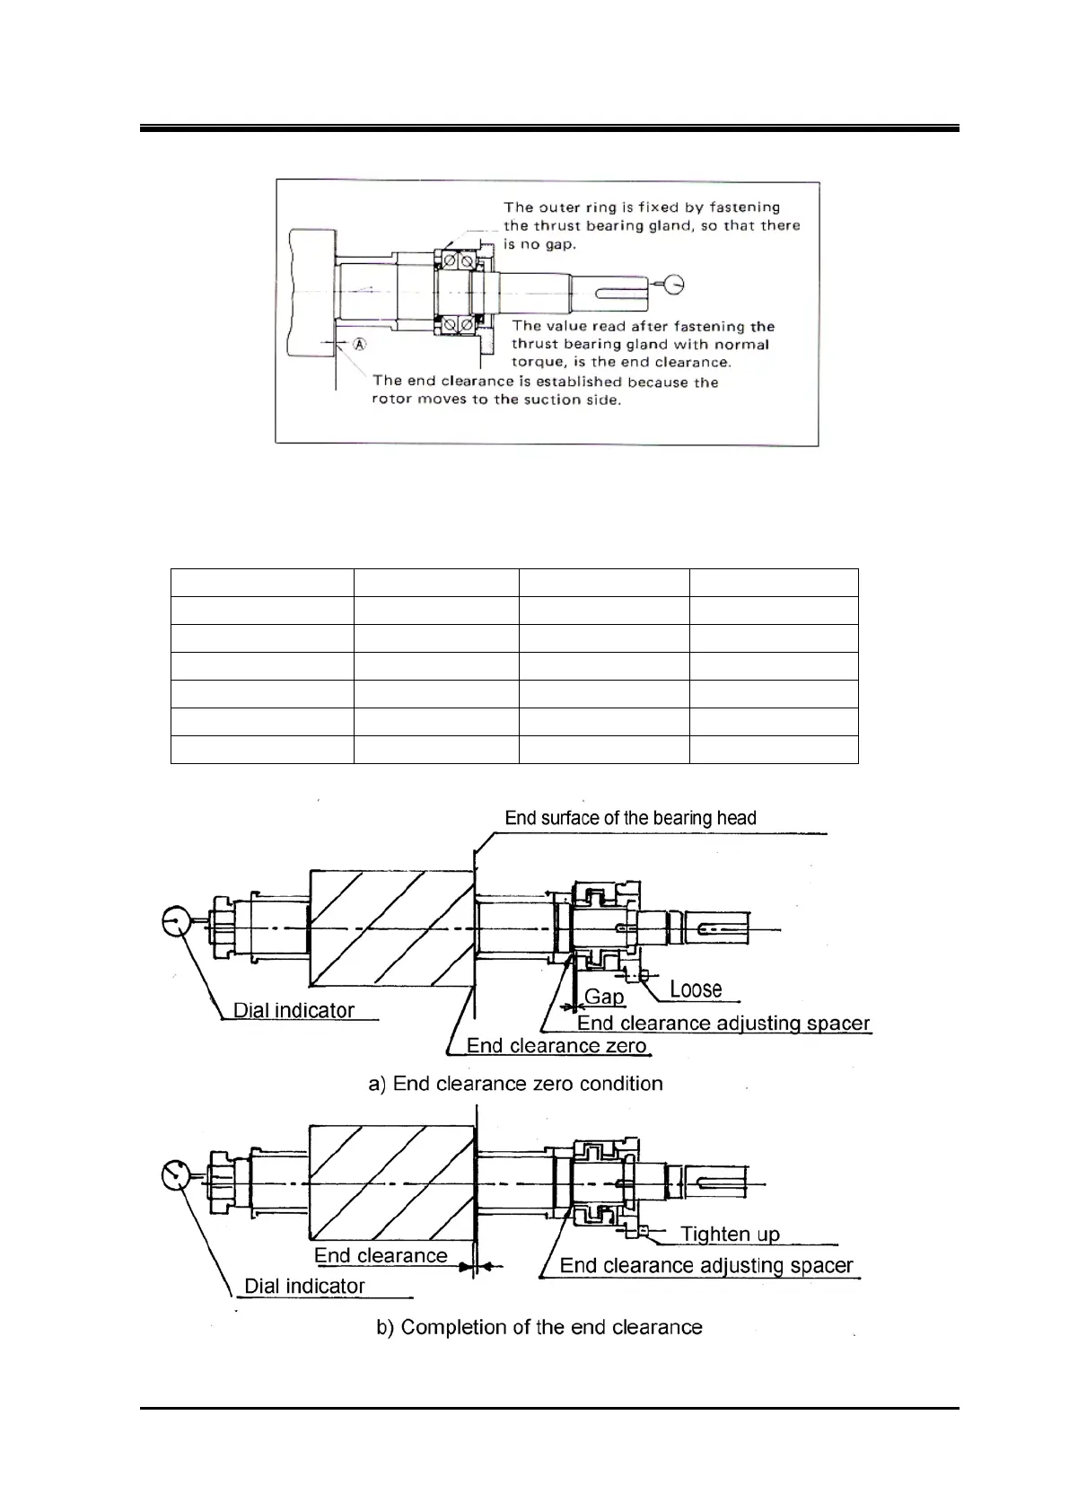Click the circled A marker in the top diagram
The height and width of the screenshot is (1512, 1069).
tap(359, 343)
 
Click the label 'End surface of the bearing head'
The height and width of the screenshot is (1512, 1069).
tap(630, 818)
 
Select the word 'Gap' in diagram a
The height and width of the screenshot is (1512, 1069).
tap(604, 997)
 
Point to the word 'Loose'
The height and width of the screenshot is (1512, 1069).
tap(696, 989)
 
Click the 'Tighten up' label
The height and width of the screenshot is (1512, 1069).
tap(730, 1234)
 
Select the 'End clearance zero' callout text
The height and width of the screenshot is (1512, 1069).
tap(556, 1046)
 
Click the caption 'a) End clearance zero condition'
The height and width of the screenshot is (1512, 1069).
tap(515, 1084)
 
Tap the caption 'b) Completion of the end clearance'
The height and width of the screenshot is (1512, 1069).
tap(539, 1327)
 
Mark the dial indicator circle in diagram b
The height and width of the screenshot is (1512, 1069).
tap(179, 1174)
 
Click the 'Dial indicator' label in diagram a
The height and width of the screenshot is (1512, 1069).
tap(294, 1010)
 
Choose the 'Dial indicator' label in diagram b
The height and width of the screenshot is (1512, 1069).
tap(304, 1286)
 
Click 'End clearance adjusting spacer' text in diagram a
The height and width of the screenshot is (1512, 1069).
tap(723, 1024)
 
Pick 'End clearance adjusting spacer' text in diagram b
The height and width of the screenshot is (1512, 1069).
tap(705, 1266)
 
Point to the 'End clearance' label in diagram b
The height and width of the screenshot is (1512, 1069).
tap(381, 1255)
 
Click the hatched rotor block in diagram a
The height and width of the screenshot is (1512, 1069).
tap(390, 927)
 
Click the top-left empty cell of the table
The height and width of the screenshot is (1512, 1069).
tap(261, 582)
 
